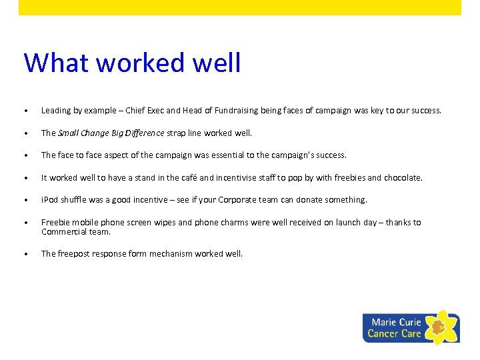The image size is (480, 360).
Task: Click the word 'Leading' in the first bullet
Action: coord(55,111)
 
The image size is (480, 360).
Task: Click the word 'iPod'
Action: coord(49,200)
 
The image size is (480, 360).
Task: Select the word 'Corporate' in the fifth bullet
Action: coord(262,200)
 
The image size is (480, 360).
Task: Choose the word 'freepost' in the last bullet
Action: coord(74,254)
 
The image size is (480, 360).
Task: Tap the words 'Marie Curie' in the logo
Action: coord(396,322)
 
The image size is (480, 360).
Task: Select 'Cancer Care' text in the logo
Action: coord(394,333)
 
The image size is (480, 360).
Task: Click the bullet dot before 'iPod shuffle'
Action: coord(25,201)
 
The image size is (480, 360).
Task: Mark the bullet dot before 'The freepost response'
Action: coord(25,255)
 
